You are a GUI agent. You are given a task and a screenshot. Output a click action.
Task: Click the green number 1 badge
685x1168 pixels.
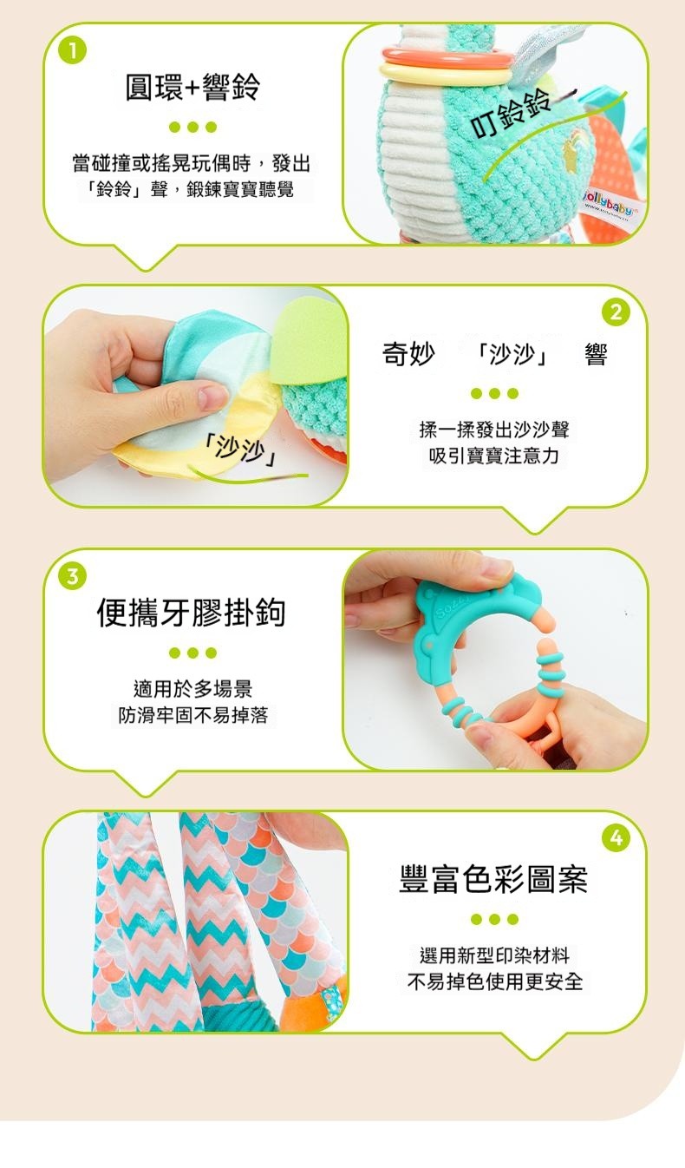[73, 50]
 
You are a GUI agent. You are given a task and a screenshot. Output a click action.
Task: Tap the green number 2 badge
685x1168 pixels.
[616, 313]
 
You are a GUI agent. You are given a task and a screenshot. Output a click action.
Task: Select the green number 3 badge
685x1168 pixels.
[73, 576]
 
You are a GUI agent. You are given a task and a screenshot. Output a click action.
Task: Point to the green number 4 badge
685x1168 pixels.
[616, 838]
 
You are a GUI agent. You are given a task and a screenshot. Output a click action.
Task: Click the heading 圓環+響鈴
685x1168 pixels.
[192, 87]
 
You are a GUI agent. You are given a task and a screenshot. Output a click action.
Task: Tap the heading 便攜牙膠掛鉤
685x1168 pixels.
[191, 612]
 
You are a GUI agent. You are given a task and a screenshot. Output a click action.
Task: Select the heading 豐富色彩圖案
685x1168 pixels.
[493, 879]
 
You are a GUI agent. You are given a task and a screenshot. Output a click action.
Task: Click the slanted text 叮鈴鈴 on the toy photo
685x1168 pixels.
[512, 115]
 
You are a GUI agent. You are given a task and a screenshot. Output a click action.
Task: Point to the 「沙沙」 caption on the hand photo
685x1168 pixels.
[241, 449]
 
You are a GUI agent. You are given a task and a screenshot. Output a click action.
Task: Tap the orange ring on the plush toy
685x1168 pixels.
[447, 56]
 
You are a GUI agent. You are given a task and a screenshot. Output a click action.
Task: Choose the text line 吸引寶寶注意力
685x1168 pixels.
[493, 456]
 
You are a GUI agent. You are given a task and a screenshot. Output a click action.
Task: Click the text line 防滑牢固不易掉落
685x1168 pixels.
[192, 715]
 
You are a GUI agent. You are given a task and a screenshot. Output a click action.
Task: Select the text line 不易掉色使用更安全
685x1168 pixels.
[495, 981]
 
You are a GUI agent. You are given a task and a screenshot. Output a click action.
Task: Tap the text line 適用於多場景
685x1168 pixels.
[192, 689]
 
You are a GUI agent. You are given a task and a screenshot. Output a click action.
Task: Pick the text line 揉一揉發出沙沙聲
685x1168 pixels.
[494, 430]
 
